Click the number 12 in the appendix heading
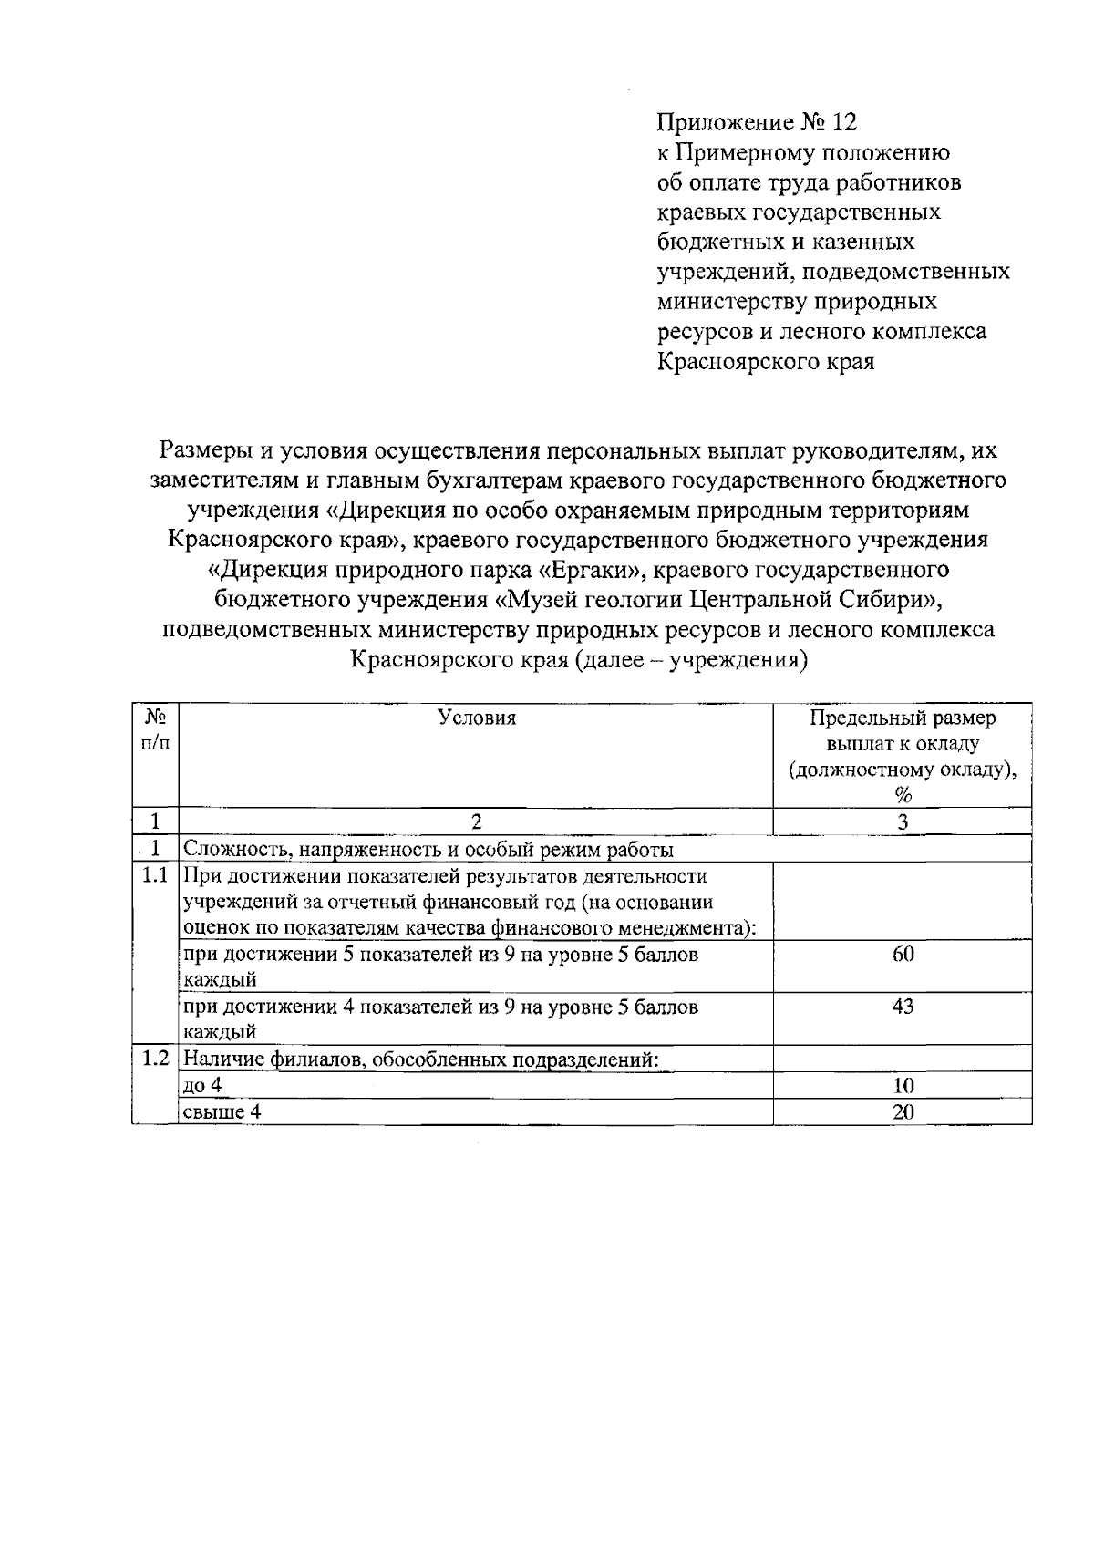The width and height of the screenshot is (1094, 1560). tap(844, 122)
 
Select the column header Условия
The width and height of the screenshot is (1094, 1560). tap(477, 718)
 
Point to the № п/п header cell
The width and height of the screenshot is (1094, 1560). tap(155, 730)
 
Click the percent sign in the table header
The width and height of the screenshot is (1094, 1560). tap(903, 795)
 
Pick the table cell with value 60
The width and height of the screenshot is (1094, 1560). tap(903, 955)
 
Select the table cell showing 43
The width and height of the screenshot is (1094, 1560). tap(903, 1007)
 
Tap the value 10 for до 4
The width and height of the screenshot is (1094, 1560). tap(903, 1085)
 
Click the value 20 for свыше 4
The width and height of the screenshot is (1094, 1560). tap(903, 1111)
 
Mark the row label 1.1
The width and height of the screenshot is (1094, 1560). tap(155, 876)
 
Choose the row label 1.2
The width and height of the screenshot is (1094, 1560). tap(155, 1059)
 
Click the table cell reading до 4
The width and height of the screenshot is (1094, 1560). tap(203, 1085)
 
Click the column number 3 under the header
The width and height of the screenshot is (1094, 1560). tap(903, 821)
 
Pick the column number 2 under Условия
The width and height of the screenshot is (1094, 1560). tap(476, 821)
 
